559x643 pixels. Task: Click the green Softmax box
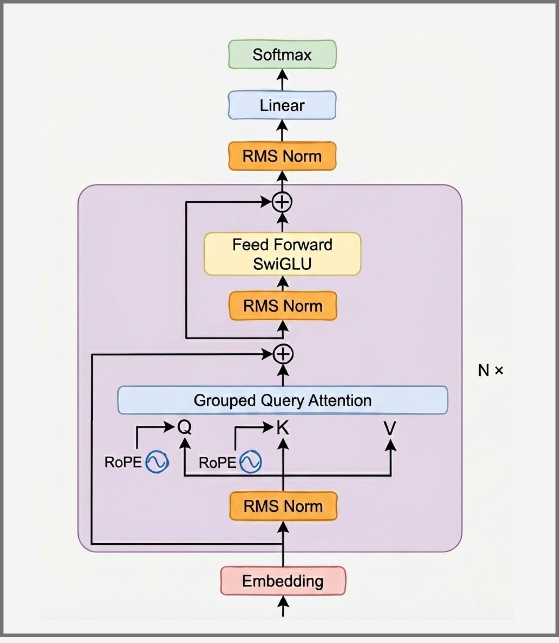coord(282,54)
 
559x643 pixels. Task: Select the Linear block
coord(282,105)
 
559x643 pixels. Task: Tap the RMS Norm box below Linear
coord(282,156)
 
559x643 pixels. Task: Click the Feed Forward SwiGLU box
coord(282,254)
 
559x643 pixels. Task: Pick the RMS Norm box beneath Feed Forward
coord(283,306)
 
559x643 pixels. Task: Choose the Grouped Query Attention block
coord(283,400)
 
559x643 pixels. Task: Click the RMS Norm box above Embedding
coord(283,506)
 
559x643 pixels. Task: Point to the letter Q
coord(184,427)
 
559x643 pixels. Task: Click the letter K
coord(283,428)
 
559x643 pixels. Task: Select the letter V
coord(390,428)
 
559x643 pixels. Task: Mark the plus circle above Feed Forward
coord(282,202)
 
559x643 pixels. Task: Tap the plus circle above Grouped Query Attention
coord(283,354)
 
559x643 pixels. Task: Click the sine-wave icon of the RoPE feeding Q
coord(158,462)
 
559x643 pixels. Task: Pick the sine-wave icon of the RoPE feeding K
coord(250,462)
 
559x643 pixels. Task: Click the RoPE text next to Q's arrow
coord(123,462)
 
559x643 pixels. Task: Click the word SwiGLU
coord(282,264)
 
